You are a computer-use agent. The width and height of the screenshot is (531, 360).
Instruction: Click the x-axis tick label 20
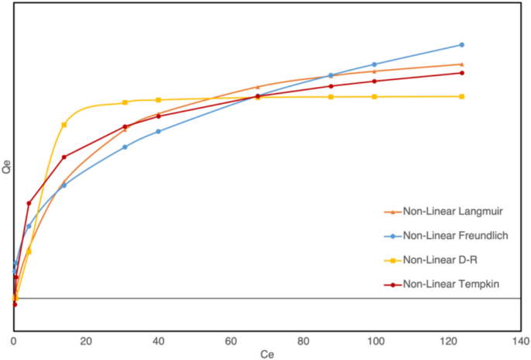[86, 342]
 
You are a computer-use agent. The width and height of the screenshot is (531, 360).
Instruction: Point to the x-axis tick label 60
[230, 342]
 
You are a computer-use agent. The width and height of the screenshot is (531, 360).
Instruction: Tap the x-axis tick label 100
[374, 342]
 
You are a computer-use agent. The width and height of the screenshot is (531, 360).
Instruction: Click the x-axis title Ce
[267, 354]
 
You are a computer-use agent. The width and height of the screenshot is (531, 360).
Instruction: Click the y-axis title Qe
[8, 165]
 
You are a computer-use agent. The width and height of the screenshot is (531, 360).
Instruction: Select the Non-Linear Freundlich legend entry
[455, 235]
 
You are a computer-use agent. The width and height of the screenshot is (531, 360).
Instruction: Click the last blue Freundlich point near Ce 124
[462, 45]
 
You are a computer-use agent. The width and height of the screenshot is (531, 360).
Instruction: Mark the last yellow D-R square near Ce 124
[462, 96]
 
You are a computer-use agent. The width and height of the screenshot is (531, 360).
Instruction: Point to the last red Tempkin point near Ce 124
[462, 73]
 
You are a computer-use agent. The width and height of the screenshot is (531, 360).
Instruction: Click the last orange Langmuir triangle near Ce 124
[462, 64]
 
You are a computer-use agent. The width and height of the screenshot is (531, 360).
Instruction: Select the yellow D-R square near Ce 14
[64, 125]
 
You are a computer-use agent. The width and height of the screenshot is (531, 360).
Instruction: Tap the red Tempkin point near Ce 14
[64, 157]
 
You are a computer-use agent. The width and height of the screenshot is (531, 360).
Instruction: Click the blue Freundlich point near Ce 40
[158, 131]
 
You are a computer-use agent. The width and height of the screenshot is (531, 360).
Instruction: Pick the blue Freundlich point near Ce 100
[374, 64]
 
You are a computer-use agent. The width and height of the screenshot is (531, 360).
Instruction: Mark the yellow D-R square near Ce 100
[374, 96]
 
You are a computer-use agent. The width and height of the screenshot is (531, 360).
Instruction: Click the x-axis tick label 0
[14, 342]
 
